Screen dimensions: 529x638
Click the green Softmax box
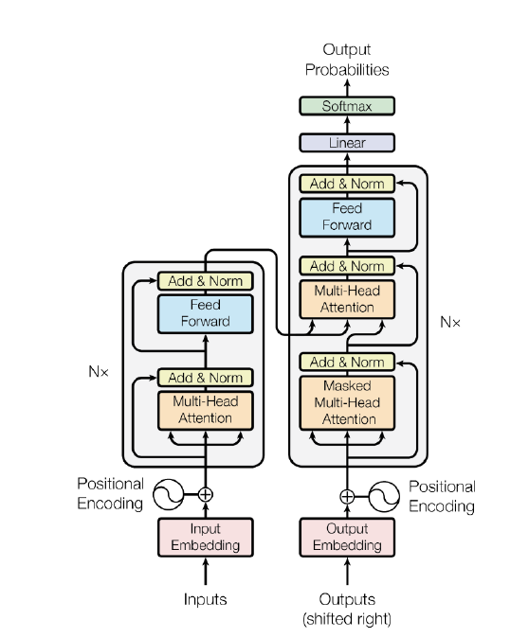(347, 106)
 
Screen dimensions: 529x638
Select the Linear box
(347, 143)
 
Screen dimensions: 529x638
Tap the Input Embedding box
(206, 537)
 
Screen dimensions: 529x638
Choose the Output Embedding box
(347, 537)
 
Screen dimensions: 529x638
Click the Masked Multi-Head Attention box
(347, 403)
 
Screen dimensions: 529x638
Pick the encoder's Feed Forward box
(206, 313)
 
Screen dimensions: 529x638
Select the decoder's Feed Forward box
(347, 218)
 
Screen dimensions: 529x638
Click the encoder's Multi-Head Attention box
(206, 410)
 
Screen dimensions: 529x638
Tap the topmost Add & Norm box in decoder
(347, 184)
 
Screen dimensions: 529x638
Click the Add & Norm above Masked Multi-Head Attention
(347, 363)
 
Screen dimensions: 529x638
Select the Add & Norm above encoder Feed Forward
(206, 281)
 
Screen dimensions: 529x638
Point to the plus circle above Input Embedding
(206, 494)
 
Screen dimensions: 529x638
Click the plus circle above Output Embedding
(347, 496)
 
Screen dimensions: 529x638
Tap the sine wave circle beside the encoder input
(168, 494)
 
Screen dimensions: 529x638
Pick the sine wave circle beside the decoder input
(384, 496)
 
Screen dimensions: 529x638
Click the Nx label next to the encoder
(99, 371)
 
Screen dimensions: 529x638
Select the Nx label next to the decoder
(450, 322)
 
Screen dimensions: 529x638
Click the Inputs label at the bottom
(206, 600)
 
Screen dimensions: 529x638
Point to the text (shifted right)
(347, 619)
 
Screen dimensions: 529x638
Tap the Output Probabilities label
(347, 60)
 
